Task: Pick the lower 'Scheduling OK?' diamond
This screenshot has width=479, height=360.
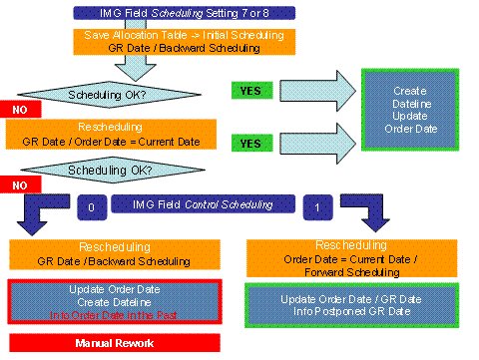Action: pos(110,171)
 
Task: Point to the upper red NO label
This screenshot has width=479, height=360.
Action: pos(20,108)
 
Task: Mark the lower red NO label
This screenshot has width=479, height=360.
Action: pos(20,184)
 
